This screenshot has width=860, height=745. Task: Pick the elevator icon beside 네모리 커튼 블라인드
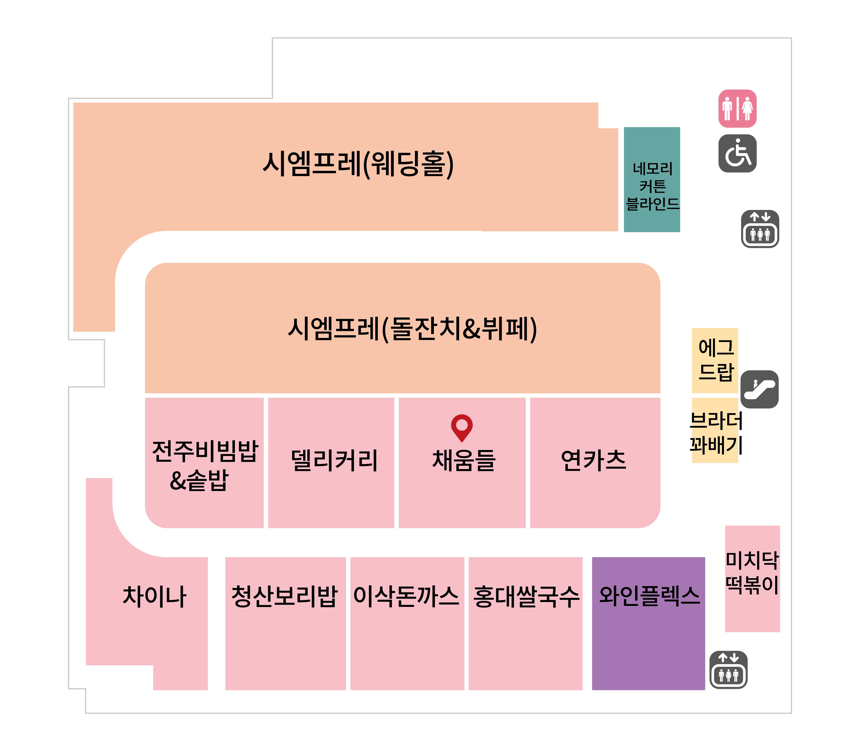pos(760,229)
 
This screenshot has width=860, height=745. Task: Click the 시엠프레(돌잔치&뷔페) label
pos(412,329)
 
